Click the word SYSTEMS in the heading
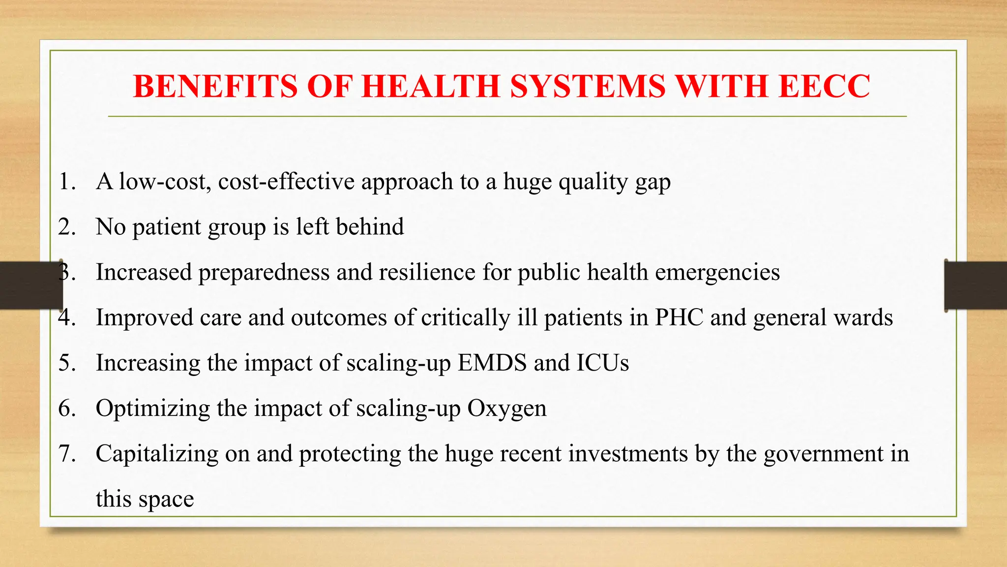pyautogui.click(x=588, y=87)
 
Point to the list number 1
pyautogui.click(x=66, y=182)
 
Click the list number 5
pyautogui.click(x=66, y=363)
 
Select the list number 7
pyautogui.click(x=66, y=454)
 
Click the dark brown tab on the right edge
pyautogui.click(x=976, y=285)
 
